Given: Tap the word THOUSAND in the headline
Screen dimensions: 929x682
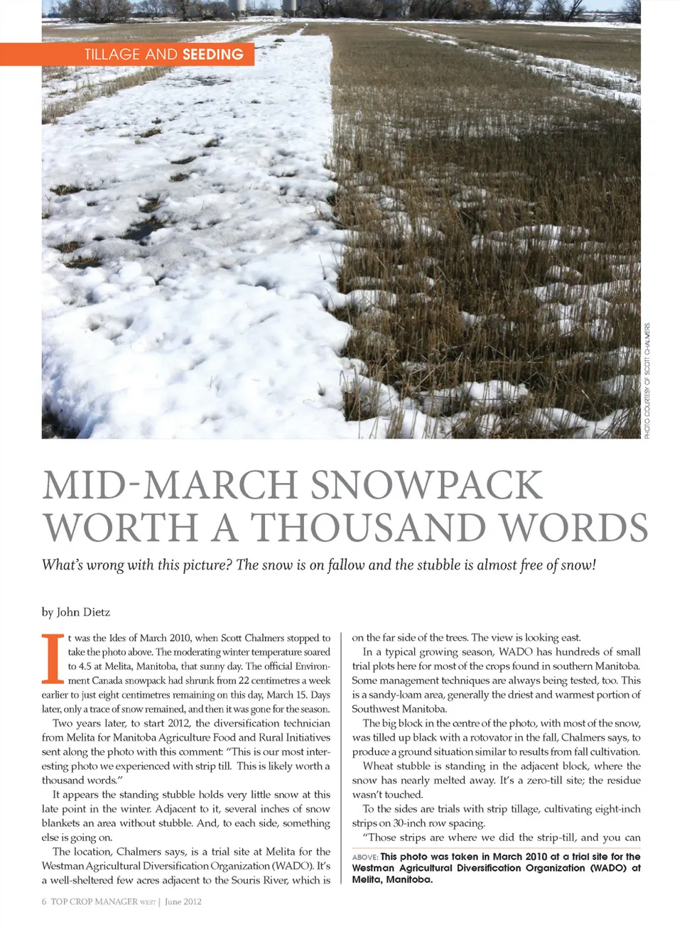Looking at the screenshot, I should (x=368, y=528).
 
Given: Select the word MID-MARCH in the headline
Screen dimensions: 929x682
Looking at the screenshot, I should (x=170, y=486).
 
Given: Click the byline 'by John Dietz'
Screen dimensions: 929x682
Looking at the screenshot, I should (x=76, y=612).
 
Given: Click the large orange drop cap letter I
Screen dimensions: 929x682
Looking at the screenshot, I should (x=52, y=657).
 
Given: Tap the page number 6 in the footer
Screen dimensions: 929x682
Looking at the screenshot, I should (x=44, y=902).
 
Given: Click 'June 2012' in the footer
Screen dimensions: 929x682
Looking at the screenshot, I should (x=183, y=902).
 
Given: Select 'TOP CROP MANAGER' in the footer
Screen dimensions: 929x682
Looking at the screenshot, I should (x=94, y=902).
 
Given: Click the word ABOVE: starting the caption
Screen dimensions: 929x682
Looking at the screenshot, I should (x=364, y=857).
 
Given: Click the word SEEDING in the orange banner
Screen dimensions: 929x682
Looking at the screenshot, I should (x=212, y=55).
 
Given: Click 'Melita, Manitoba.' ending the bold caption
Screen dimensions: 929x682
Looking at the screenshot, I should (x=392, y=880).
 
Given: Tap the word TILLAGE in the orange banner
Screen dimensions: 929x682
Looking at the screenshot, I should (x=112, y=55).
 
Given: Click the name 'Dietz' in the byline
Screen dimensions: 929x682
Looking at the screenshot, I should (x=97, y=612).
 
